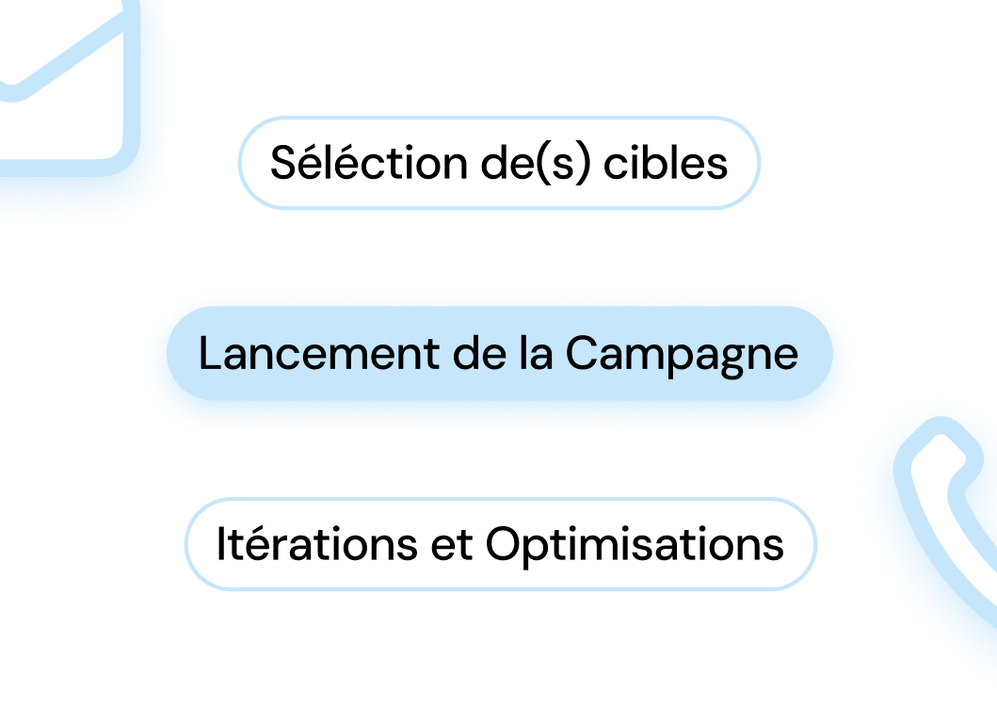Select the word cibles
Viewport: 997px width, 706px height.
coord(666,163)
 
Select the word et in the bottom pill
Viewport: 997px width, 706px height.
coord(453,545)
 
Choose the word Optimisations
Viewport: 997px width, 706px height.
coord(635,545)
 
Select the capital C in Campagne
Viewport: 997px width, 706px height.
coord(582,355)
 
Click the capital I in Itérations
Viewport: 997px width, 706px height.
coord(222,545)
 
